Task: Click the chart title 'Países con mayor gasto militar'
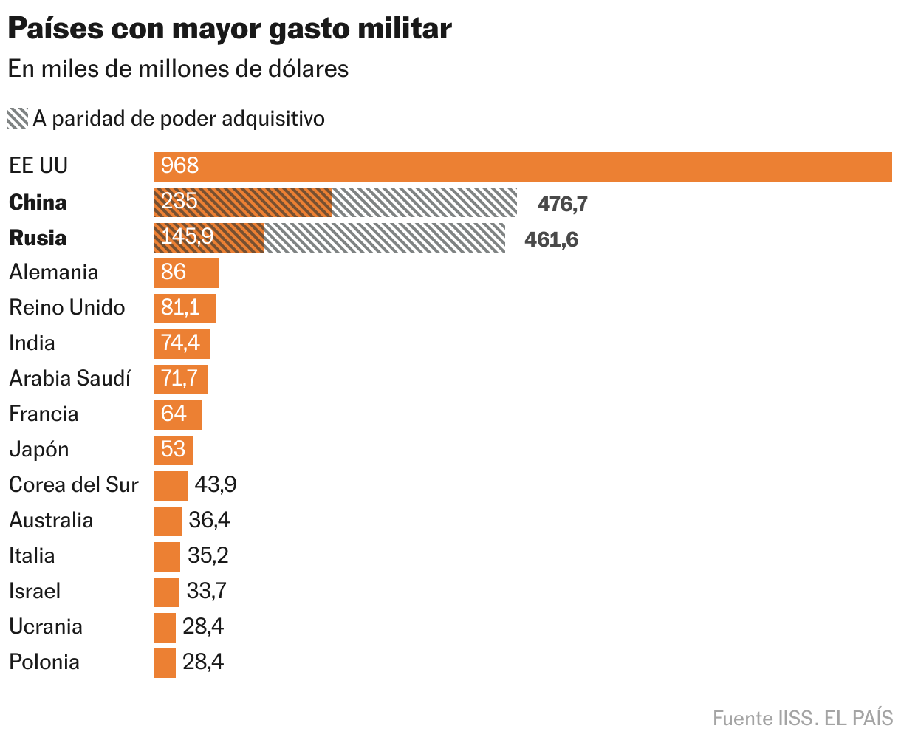(x=230, y=29)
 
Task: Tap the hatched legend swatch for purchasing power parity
(x=18, y=118)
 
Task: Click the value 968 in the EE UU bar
(x=180, y=165)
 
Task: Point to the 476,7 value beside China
(x=562, y=204)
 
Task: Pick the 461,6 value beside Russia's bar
(x=551, y=239)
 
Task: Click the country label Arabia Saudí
(x=69, y=379)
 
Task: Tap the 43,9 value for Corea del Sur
(x=216, y=485)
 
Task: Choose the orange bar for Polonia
(x=165, y=662)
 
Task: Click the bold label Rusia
(x=38, y=238)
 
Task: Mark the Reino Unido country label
(x=67, y=308)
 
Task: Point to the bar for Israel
(x=166, y=592)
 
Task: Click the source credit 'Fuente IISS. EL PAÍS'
(x=803, y=718)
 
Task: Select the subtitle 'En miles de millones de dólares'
(x=178, y=69)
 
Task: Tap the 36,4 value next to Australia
(x=210, y=521)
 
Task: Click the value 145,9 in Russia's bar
(x=187, y=237)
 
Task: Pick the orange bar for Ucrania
(x=165, y=627)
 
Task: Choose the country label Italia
(x=32, y=556)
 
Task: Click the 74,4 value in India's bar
(x=180, y=343)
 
